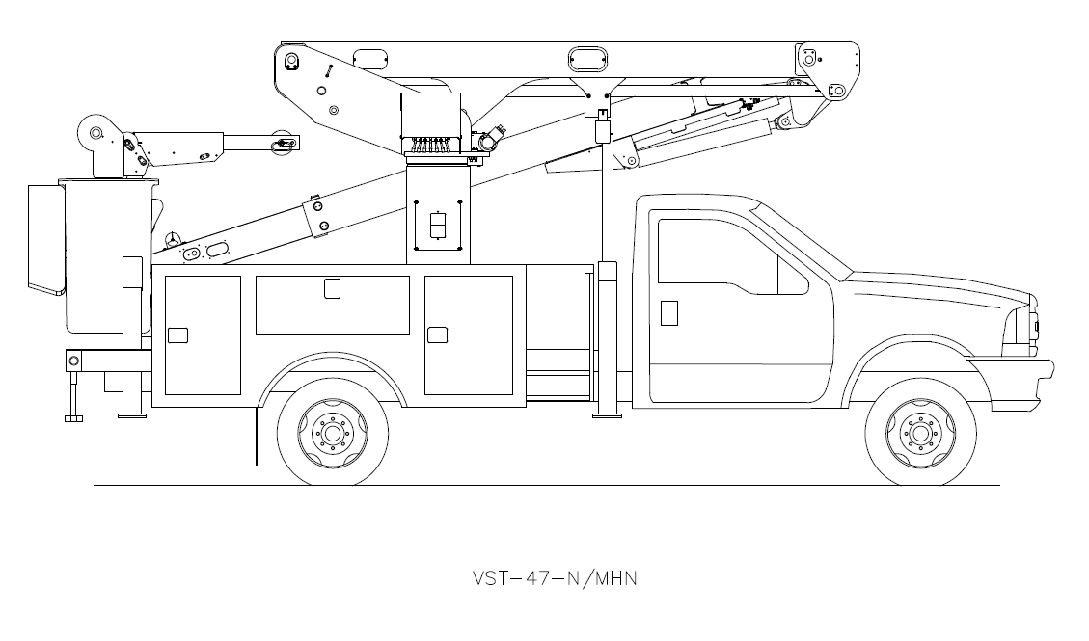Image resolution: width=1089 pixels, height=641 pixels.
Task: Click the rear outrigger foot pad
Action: pyautogui.click(x=73, y=416)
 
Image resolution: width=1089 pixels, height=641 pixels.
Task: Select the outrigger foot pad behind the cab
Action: pyautogui.click(x=607, y=414)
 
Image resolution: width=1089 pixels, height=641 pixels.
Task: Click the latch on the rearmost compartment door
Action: pyautogui.click(x=177, y=334)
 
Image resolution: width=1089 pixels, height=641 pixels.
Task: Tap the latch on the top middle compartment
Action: pyautogui.click(x=332, y=288)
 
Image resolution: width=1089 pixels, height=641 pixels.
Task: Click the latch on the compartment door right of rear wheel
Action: pyautogui.click(x=438, y=334)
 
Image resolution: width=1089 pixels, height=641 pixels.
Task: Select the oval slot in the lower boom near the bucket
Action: pyautogui.click(x=217, y=251)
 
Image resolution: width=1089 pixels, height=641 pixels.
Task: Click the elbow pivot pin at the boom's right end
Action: pyautogui.click(x=836, y=91)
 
